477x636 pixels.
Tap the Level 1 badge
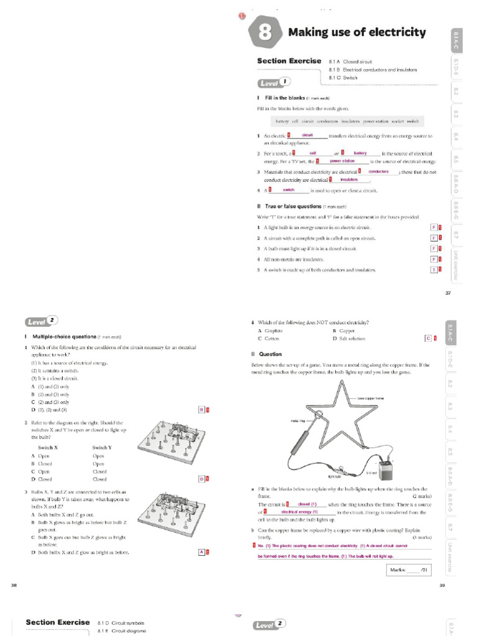click(273, 83)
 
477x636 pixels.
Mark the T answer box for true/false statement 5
click(434, 270)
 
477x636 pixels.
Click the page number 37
click(448, 293)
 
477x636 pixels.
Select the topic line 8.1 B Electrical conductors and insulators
click(373, 70)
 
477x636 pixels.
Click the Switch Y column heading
click(101, 447)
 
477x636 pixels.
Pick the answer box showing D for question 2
click(201, 479)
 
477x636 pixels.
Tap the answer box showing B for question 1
click(201, 409)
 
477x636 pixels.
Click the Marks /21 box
click(407, 569)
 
